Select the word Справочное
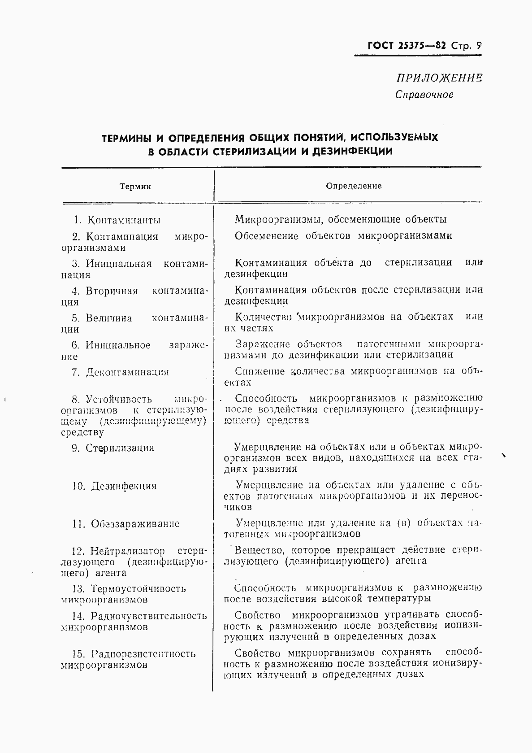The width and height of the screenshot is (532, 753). [424, 95]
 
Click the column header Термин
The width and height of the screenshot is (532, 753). [135, 187]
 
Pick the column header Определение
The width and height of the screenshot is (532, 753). [354, 186]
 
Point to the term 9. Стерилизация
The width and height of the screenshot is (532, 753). [113, 448]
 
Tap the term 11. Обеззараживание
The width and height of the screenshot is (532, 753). [125, 524]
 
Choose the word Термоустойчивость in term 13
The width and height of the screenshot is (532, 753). [138, 589]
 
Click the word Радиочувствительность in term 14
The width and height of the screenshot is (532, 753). [148, 616]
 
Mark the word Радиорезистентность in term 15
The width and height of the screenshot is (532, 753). [143, 654]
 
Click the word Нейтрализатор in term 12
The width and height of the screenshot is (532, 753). [127, 551]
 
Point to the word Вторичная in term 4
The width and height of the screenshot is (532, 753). [112, 291]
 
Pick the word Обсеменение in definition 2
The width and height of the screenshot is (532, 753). [266, 236]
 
